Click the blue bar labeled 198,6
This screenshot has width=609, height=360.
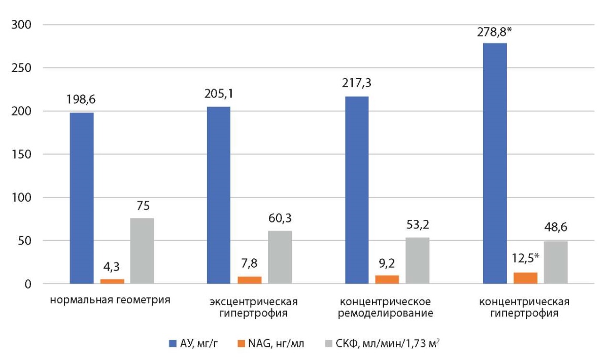coord(82,198)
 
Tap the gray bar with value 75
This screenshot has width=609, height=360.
coord(142,251)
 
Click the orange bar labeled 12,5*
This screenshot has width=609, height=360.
coord(525,278)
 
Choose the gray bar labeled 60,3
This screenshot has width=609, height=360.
coord(280,257)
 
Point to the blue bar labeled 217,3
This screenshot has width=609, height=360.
coord(357,190)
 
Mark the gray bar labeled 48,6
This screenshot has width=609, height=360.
coord(556,263)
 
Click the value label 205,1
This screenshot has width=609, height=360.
coord(219,94)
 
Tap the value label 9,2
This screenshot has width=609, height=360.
coord(387,264)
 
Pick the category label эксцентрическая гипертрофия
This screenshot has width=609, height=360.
coord(248,307)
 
